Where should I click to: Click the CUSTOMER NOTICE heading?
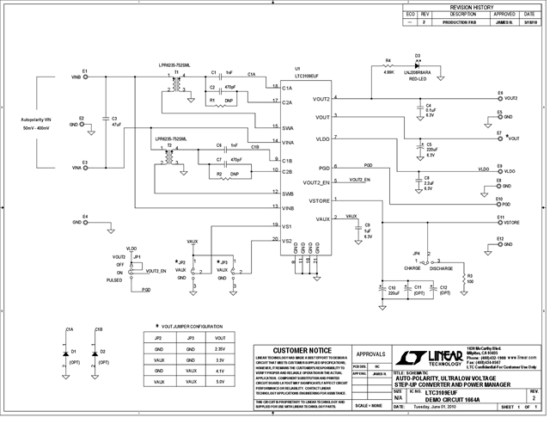302,351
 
